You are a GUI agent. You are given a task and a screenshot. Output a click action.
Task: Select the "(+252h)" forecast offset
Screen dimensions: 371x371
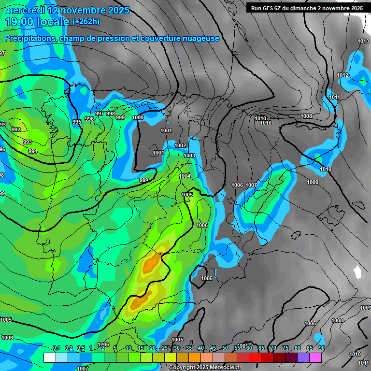(x=86, y=22)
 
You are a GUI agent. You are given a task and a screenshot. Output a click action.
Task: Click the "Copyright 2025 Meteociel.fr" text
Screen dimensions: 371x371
(x=205, y=368)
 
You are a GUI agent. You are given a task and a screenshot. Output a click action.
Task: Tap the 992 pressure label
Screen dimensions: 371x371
(x=16, y=129)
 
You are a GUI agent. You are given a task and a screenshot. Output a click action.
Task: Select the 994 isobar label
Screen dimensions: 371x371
(x=33, y=151)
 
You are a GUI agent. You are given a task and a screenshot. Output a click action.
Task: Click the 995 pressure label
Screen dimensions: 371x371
(x=77, y=122)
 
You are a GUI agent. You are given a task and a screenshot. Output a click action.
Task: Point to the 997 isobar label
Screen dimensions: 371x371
(x=100, y=114)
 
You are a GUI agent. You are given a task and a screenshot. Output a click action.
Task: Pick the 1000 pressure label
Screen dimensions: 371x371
(x=138, y=117)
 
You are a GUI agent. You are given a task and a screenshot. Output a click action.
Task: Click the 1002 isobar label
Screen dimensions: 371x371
(x=180, y=145)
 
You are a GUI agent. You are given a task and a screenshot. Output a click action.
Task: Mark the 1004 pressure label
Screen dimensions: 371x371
(x=185, y=176)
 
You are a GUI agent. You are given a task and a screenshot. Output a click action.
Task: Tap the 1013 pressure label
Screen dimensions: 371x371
(x=363, y=42)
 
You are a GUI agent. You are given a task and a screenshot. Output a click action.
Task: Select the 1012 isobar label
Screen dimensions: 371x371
(x=343, y=75)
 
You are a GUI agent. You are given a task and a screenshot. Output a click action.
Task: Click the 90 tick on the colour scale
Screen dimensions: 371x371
(x=321, y=348)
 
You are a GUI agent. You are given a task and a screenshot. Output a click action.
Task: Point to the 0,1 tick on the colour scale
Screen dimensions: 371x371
(x=56, y=348)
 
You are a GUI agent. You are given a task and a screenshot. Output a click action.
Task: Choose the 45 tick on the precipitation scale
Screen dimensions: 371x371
(x=213, y=348)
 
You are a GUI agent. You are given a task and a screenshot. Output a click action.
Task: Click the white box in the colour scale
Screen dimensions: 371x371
(x=49, y=357)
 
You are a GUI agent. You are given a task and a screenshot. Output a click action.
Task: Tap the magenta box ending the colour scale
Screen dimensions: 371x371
(x=315, y=357)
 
